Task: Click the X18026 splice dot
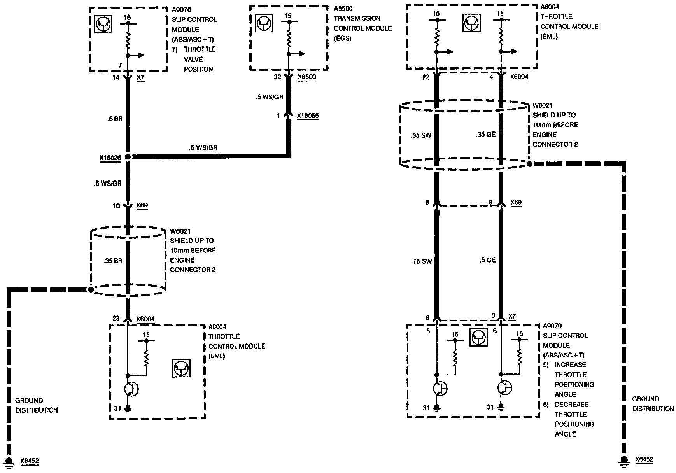[128, 157]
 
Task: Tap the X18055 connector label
[308, 116]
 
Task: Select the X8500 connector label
[306, 77]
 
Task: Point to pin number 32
[277, 77]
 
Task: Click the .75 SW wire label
[421, 261]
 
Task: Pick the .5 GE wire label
[487, 260]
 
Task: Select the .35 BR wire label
[113, 261]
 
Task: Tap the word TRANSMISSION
[357, 18]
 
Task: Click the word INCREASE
[570, 365]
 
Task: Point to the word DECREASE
[571, 405]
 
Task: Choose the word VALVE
[193, 59]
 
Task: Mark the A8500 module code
[343, 9]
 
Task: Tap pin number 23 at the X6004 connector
[116, 319]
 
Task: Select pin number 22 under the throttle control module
[426, 77]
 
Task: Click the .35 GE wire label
[485, 135]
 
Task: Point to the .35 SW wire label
[420, 136]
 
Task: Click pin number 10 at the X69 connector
[116, 206]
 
